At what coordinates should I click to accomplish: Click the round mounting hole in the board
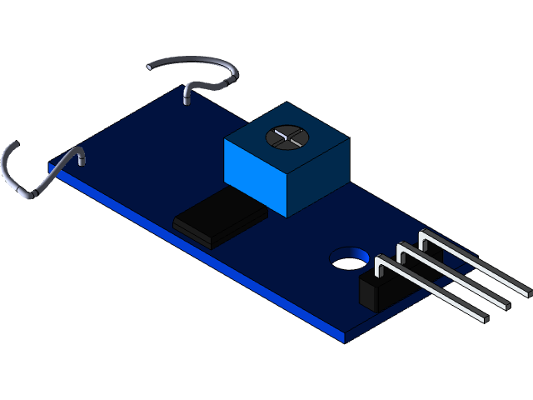pyautogui.click(x=348, y=259)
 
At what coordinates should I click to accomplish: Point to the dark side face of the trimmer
pyautogui.click(x=318, y=178)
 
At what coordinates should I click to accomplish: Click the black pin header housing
pyautogui.click(x=376, y=292)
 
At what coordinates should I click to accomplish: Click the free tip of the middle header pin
pyautogui.click(x=506, y=303)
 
